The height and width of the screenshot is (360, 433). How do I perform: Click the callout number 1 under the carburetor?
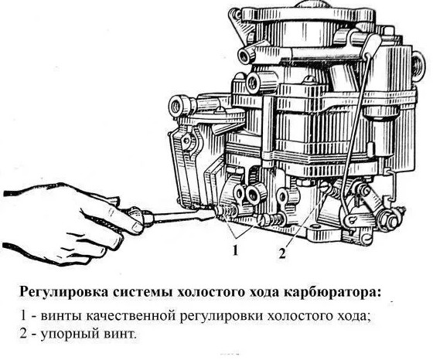pyautogui.click(x=235, y=250)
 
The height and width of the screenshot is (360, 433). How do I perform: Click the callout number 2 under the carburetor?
pyautogui.click(x=281, y=253)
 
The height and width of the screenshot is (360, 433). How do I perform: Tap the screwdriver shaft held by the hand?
pyautogui.click(x=182, y=216)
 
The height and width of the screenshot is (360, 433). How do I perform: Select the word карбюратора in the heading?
pyautogui.click(x=332, y=293)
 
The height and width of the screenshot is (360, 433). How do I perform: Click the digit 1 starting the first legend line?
pyautogui.click(x=23, y=316)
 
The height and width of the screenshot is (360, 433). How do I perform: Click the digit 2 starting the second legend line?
pyautogui.click(x=24, y=334)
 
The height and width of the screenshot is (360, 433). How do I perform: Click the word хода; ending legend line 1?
pyautogui.click(x=352, y=317)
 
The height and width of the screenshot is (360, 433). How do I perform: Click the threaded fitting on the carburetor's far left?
pyautogui.click(x=179, y=106)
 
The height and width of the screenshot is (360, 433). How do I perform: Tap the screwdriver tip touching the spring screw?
pyautogui.click(x=214, y=212)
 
